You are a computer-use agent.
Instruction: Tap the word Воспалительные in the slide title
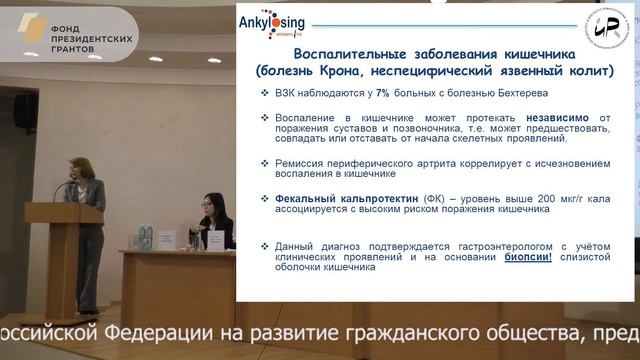(338, 55)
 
